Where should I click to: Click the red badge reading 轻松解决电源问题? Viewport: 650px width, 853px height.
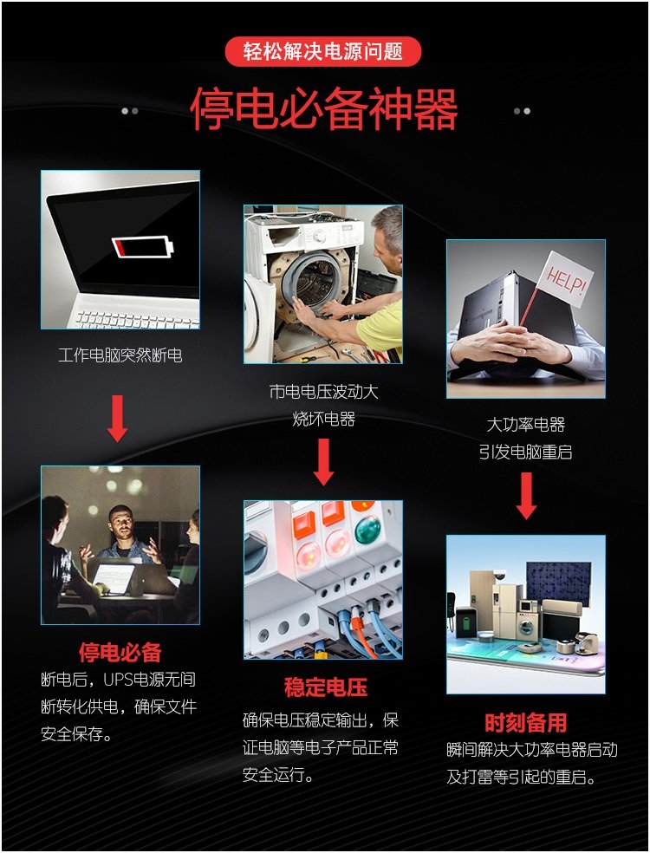point(323,52)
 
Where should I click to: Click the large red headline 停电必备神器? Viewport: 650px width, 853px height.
point(324,109)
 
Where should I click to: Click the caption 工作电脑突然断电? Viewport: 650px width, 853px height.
point(120,355)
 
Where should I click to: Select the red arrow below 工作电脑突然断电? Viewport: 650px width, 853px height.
point(118,419)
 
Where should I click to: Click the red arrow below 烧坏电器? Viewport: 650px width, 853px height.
point(323,462)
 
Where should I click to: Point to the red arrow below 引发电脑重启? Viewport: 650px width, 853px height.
point(526,496)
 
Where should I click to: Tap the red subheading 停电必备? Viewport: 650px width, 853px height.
point(120,652)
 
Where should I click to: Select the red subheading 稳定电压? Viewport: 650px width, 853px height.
point(325,687)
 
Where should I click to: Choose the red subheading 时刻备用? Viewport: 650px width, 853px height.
point(526,722)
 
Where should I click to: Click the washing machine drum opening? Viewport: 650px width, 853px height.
point(315,281)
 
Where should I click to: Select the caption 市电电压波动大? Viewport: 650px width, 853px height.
point(323,391)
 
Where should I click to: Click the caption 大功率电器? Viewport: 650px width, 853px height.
point(526,424)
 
